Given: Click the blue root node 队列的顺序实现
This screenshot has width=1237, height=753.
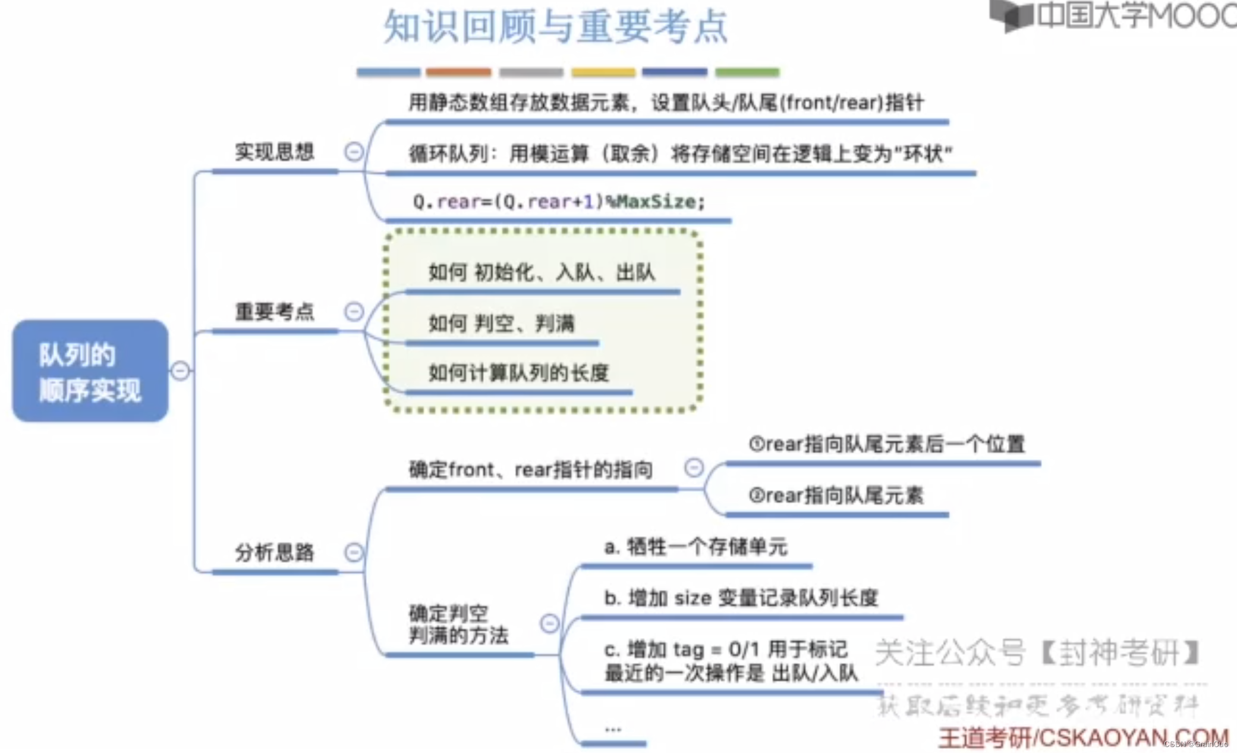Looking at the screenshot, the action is coord(90,371).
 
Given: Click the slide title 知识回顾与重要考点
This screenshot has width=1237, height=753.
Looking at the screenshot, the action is coord(555,27).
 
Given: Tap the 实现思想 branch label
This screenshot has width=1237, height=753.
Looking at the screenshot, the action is coord(274,152).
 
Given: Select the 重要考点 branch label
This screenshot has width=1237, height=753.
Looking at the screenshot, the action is coord(274,312).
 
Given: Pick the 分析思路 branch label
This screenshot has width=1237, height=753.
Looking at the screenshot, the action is coord(274,553).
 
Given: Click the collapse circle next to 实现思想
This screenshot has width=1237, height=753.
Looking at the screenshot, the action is coord(354,152).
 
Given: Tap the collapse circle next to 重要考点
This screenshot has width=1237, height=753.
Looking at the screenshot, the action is coord(354,312).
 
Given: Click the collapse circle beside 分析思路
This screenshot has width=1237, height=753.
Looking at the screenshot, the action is coord(354,553).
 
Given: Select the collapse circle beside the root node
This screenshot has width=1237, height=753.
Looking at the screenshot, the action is coord(180,371).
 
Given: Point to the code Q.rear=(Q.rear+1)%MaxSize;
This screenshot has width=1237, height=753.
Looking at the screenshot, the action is coord(558,202).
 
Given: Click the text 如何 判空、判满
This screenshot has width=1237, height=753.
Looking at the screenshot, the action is coord(501,324).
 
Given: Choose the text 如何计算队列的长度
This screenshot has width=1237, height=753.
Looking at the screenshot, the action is coord(518,373).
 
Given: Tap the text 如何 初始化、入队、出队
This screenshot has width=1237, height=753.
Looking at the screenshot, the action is coord(542,272).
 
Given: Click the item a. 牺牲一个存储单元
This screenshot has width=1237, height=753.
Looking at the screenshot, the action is coord(695,547).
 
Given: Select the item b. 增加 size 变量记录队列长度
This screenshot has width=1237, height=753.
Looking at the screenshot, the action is coord(741,598).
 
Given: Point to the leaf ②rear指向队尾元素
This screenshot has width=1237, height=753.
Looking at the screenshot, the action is coord(836,495).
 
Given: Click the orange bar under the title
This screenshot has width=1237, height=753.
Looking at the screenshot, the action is coord(458,73).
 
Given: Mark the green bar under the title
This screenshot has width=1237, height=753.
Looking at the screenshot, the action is coord(747,73).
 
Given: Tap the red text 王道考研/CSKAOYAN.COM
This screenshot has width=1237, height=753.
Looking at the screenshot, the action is coord(1082,738).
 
